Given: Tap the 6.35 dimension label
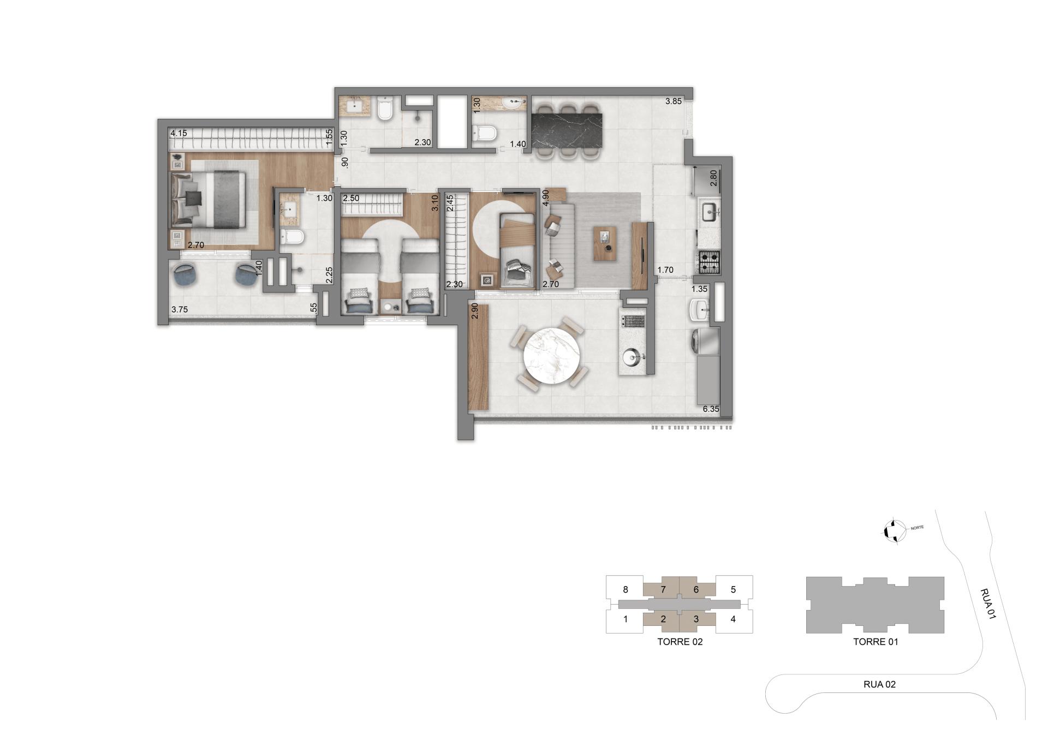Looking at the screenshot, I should click(x=711, y=409).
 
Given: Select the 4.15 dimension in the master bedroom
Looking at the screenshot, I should click(x=178, y=133).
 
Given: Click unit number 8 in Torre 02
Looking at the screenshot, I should click(x=626, y=589).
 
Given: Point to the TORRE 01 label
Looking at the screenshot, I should click(x=875, y=642).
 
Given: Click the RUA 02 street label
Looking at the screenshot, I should click(x=879, y=684).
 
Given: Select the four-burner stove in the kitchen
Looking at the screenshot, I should click(x=710, y=262).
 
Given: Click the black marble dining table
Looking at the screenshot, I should click(x=568, y=130).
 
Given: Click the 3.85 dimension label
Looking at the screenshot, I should click(x=673, y=101).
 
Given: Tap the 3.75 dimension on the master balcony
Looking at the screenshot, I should click(x=180, y=309).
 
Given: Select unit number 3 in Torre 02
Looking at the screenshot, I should click(x=696, y=619).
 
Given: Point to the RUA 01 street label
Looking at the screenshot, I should click(x=987, y=603).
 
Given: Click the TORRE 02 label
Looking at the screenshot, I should click(x=680, y=642).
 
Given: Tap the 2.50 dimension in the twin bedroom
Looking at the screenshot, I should click(x=351, y=198).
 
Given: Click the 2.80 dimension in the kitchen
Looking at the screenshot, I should click(x=712, y=178).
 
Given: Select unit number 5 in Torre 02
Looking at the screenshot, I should click(x=733, y=589).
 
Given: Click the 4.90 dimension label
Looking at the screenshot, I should click(x=545, y=198).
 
